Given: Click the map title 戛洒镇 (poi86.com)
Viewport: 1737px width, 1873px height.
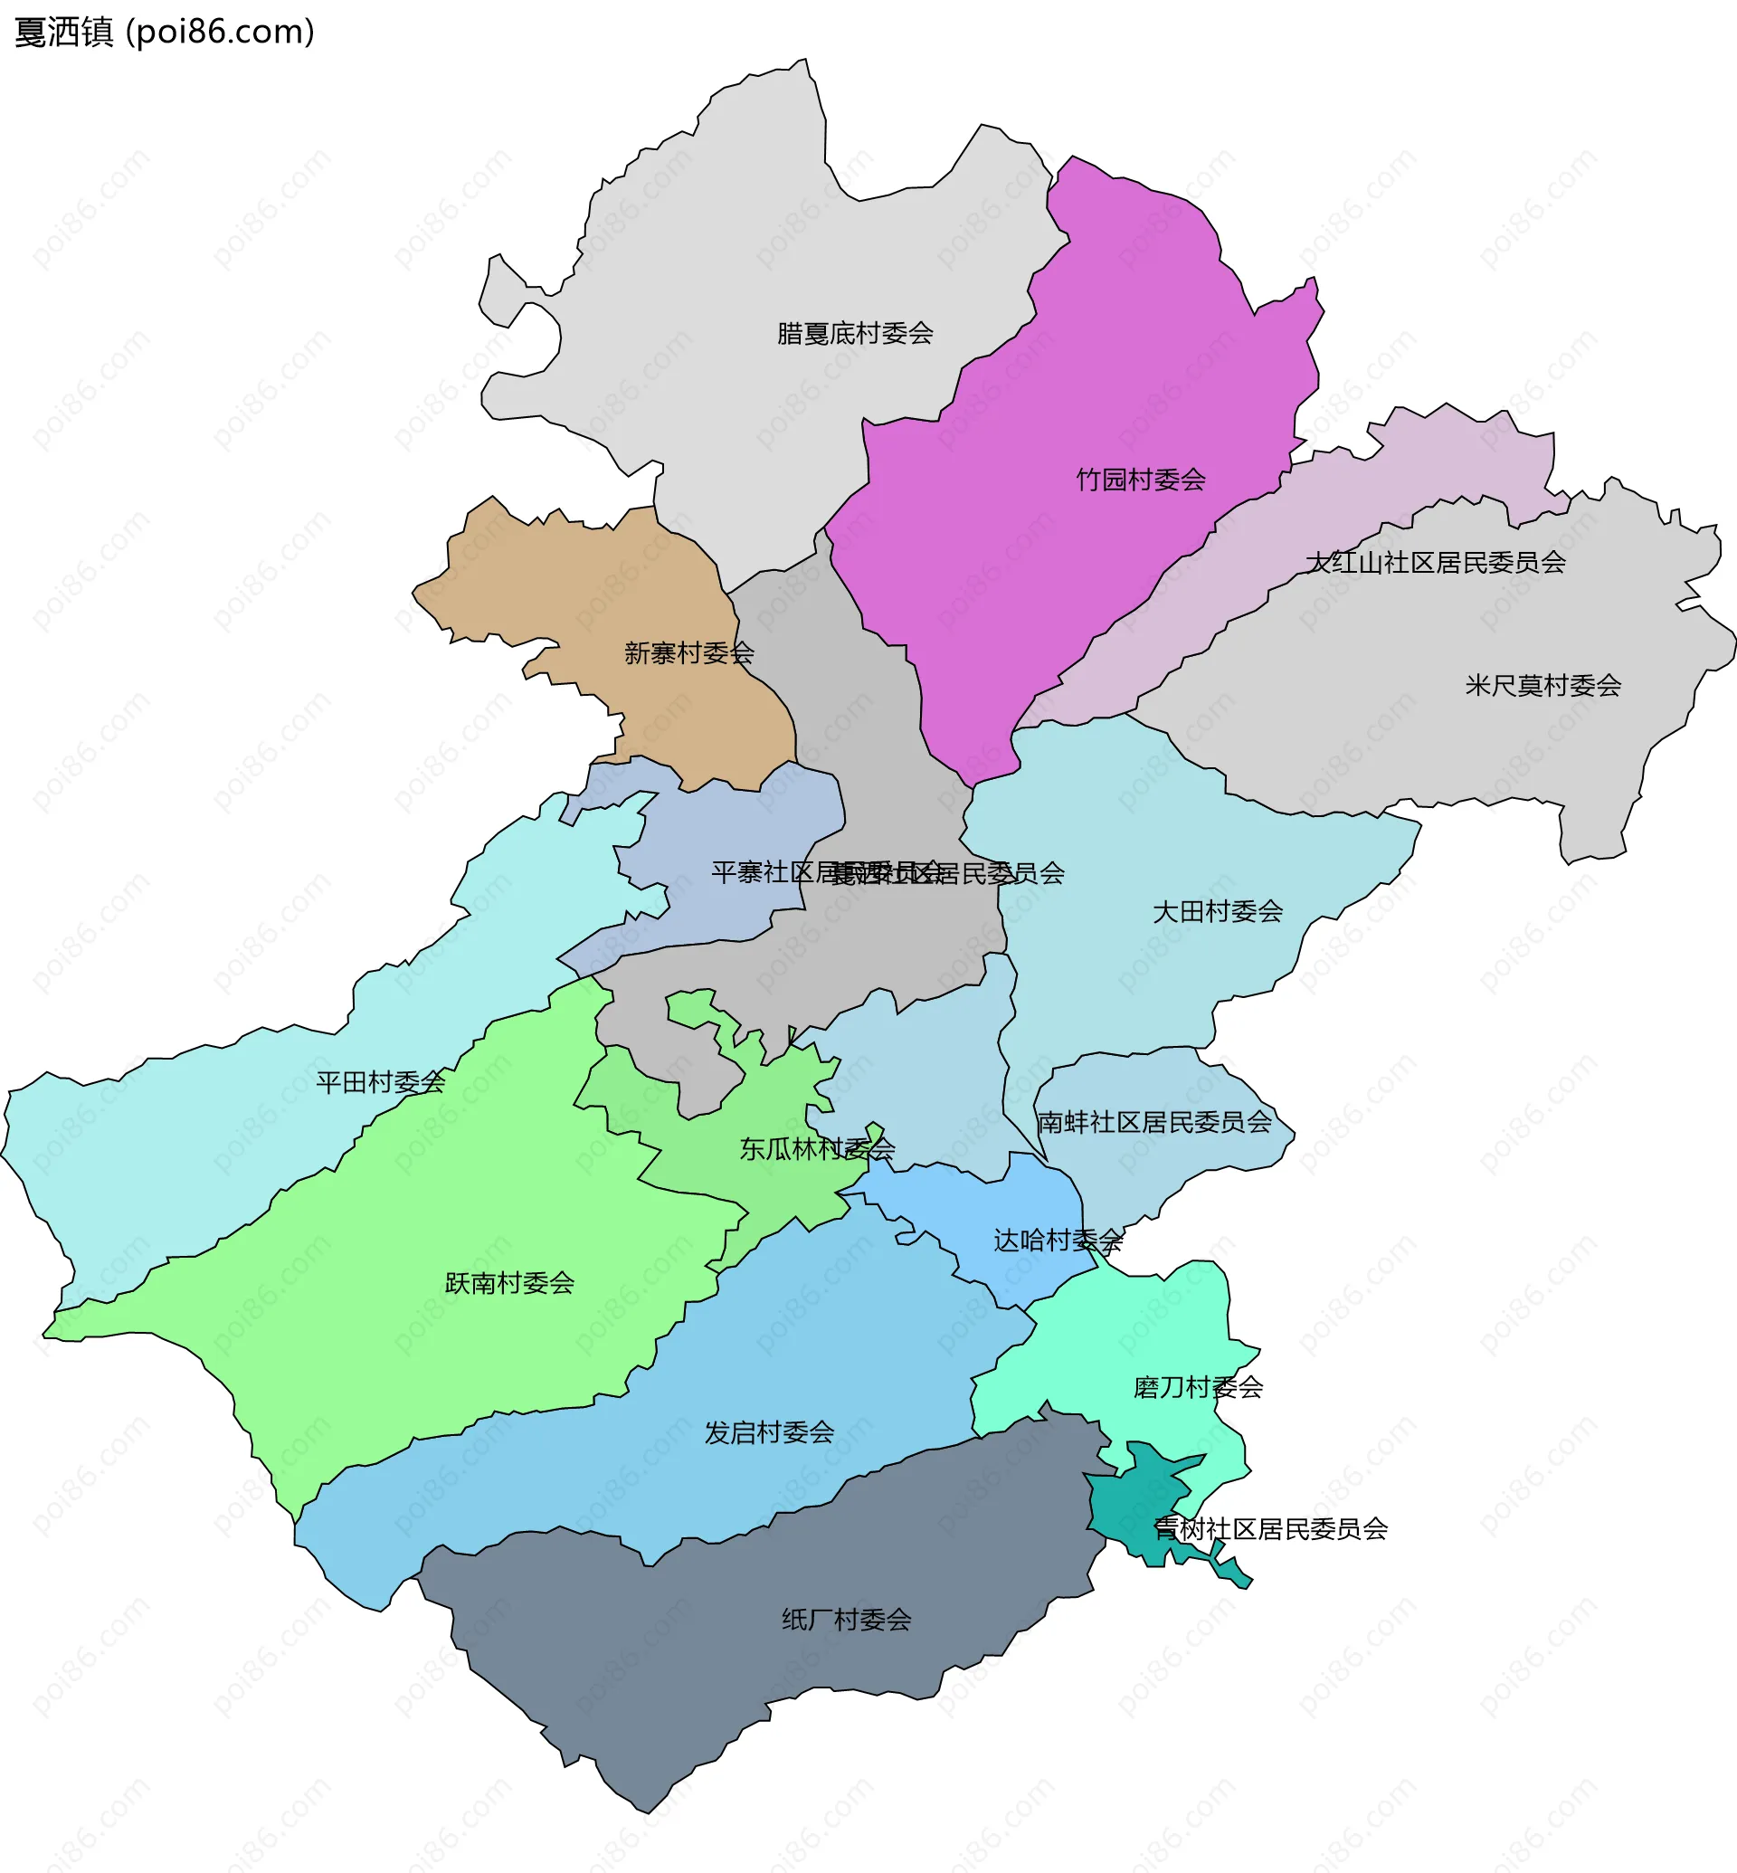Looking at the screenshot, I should (x=165, y=32).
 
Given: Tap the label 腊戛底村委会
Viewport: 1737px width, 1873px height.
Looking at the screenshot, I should (x=854, y=334).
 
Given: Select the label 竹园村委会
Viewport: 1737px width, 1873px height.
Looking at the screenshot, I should (x=1140, y=480).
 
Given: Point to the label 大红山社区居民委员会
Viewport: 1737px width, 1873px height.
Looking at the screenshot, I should (x=1435, y=563).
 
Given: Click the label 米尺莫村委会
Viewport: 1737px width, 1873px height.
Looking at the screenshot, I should (x=1542, y=687).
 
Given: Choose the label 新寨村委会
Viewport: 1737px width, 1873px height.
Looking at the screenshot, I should (x=689, y=653).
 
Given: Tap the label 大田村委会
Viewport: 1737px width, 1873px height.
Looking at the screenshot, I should (x=1217, y=912).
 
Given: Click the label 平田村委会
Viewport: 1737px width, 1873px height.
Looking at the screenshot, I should (x=381, y=1083).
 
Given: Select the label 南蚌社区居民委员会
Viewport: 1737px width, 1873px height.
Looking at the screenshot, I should (x=1154, y=1123).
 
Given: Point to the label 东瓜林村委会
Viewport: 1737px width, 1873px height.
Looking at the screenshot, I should (x=817, y=1149).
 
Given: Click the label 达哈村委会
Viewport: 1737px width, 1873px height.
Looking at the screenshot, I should (x=1058, y=1241).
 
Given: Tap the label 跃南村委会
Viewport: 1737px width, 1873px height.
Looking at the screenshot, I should (x=509, y=1283).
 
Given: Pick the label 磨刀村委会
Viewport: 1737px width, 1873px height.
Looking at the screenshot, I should (x=1198, y=1388).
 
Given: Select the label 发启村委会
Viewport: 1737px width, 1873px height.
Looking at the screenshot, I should (x=769, y=1433).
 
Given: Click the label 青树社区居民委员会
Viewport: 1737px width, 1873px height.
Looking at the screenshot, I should (x=1270, y=1529).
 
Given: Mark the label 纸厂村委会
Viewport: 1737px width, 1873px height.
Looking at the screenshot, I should (x=846, y=1620).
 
